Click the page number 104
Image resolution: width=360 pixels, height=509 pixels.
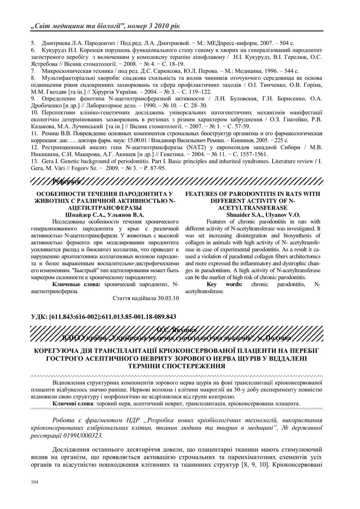[x=33, y=482]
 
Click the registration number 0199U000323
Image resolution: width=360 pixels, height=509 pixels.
[x=85, y=436]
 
